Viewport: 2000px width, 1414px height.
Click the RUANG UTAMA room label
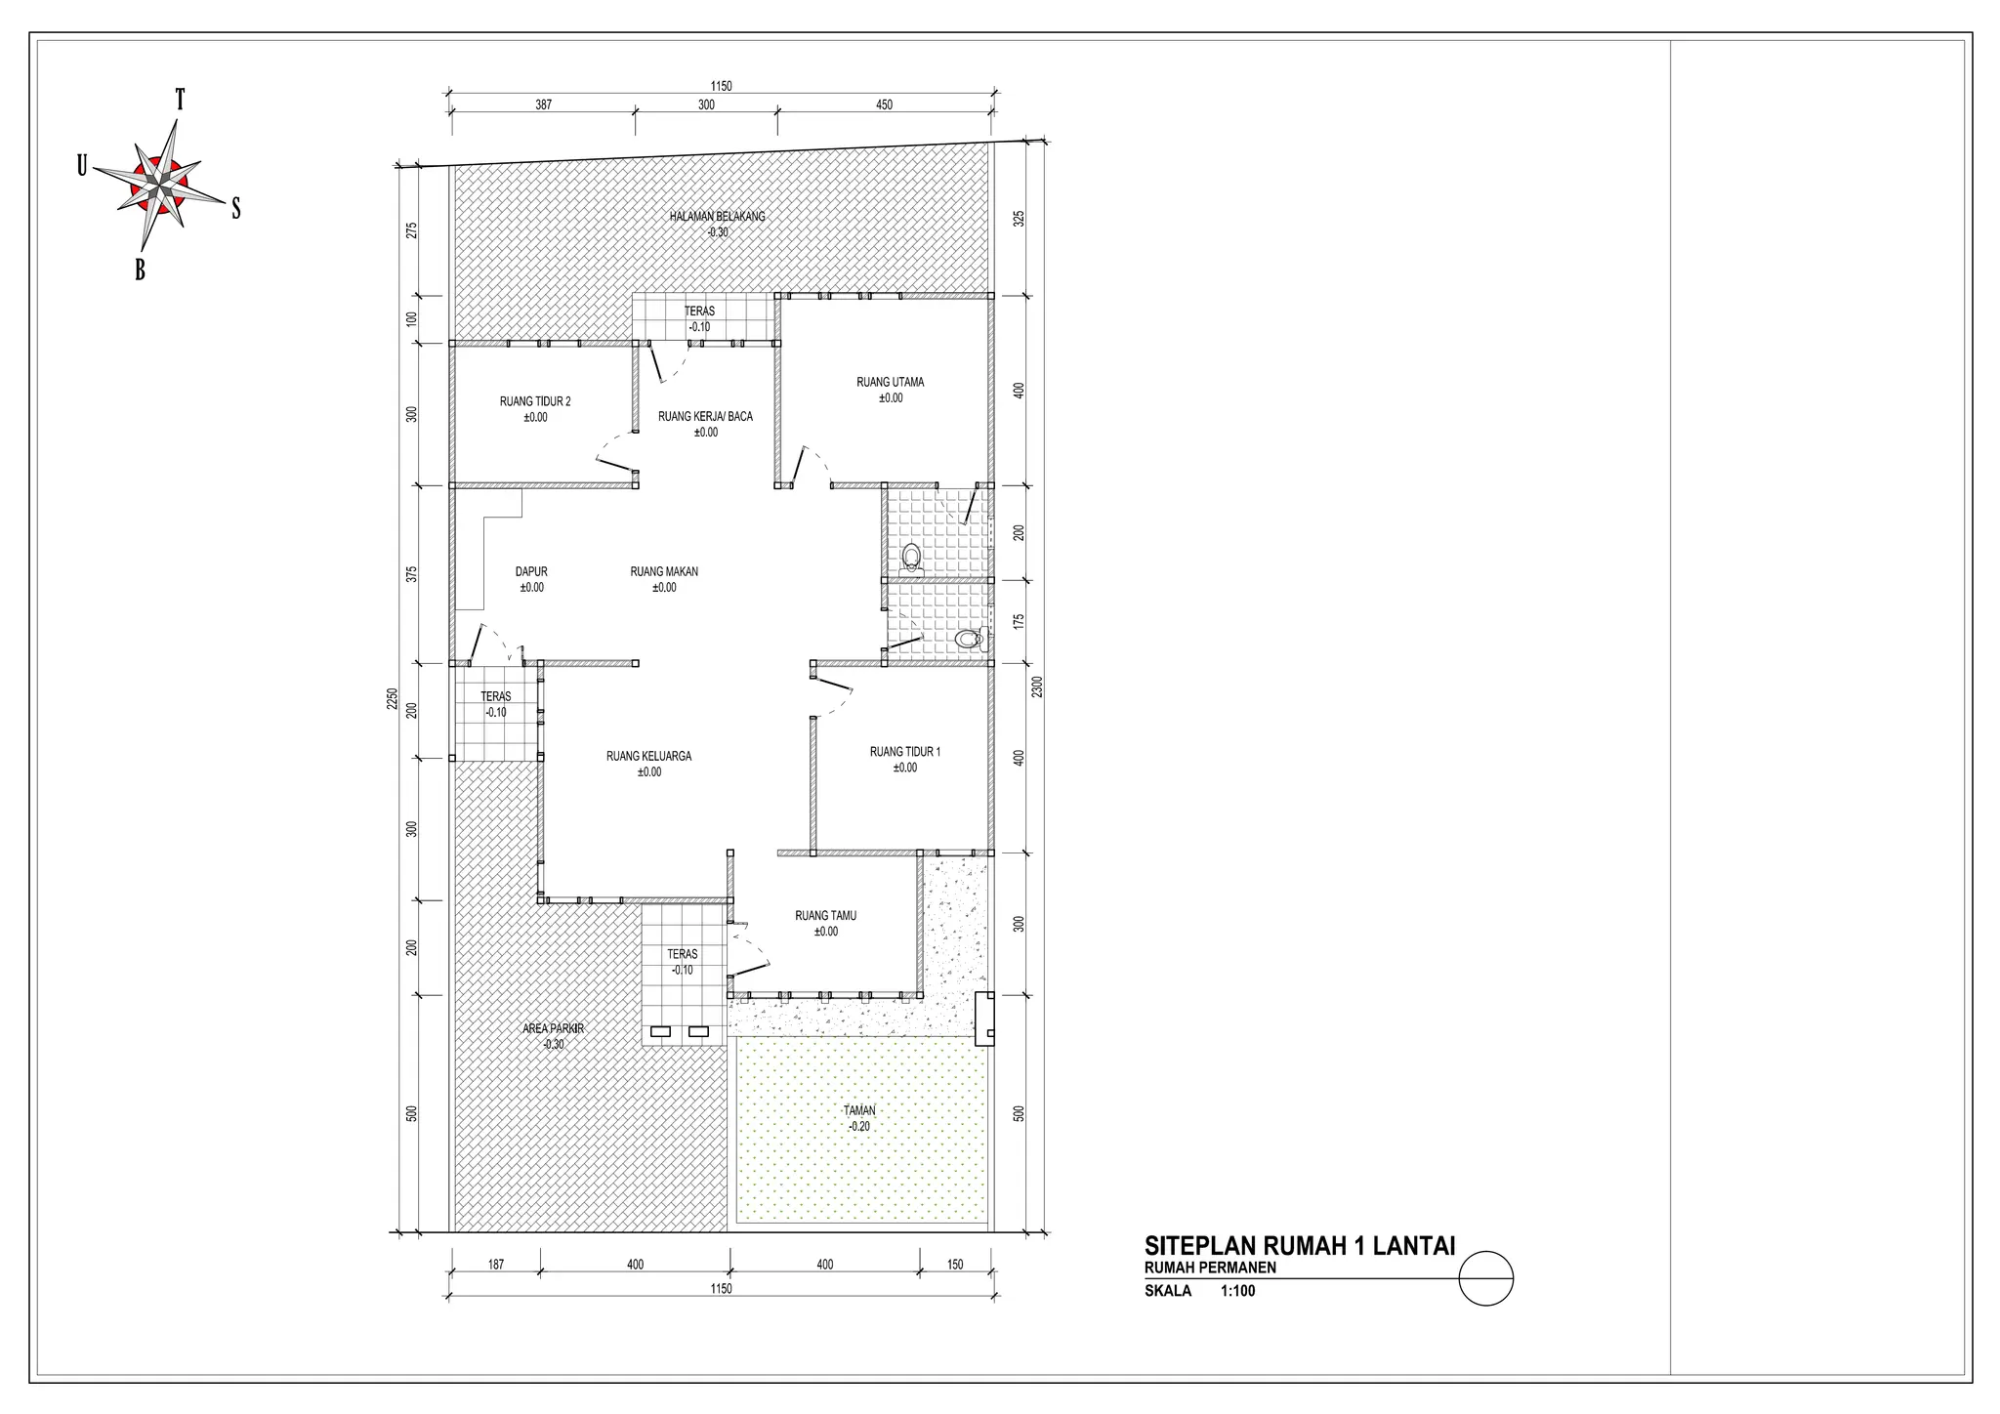(x=890, y=383)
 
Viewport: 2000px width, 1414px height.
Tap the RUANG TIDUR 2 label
(x=535, y=401)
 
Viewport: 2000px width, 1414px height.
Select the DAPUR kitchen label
(x=531, y=572)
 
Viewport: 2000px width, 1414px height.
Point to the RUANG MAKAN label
(x=664, y=572)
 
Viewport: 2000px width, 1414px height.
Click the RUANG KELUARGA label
(x=648, y=756)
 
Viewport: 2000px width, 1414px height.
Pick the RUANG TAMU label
(x=825, y=916)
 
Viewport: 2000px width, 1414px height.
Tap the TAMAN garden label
(x=859, y=1110)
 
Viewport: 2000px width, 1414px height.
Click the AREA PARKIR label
(x=553, y=1028)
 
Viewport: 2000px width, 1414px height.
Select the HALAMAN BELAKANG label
(x=717, y=217)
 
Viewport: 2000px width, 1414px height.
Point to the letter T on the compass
(x=181, y=100)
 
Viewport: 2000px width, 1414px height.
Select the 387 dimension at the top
(x=543, y=105)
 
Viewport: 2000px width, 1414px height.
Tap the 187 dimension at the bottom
(x=495, y=1265)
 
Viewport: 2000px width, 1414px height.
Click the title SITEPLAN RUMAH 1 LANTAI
(x=1299, y=1246)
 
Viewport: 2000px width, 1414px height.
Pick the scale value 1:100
(x=1237, y=1291)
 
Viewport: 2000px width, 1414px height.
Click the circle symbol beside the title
(x=1485, y=1278)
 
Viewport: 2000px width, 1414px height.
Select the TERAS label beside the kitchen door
(x=495, y=696)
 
